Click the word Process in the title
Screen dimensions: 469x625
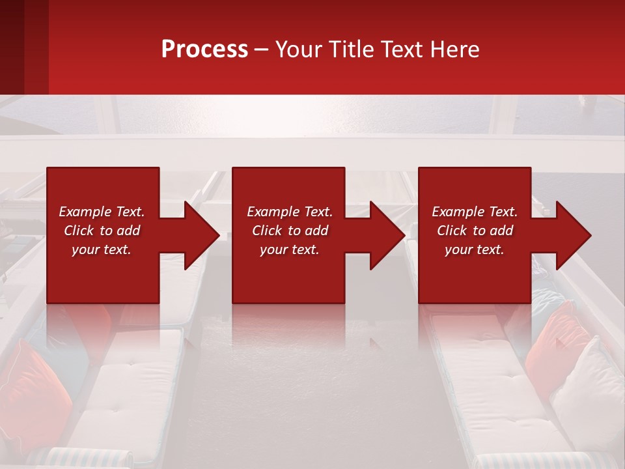click(x=204, y=50)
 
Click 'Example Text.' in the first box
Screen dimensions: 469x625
click(x=102, y=212)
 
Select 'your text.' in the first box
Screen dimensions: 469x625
click(x=102, y=249)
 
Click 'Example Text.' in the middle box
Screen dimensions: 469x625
click(x=290, y=212)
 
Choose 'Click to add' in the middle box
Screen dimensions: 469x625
click(x=290, y=231)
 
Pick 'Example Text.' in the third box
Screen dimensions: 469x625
click(x=475, y=212)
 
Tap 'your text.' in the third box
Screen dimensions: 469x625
click(x=475, y=249)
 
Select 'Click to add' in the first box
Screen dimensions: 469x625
click(x=102, y=231)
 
